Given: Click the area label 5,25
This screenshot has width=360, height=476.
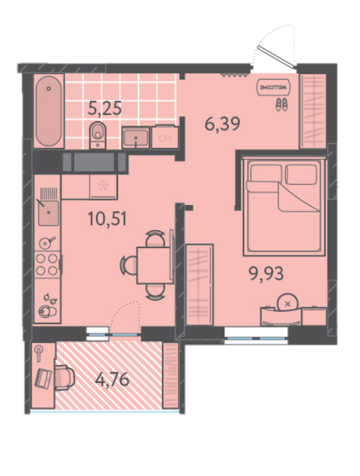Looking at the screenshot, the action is point(104,108).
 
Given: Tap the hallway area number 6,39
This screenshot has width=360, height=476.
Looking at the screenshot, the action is point(222,123).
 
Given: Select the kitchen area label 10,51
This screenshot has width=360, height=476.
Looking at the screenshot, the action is point(107,219).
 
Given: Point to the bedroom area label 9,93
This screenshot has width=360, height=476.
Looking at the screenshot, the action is point(266,273).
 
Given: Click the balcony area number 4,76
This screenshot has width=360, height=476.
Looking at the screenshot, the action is point(112,379).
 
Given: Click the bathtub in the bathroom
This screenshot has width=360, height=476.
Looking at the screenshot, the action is point(48,111).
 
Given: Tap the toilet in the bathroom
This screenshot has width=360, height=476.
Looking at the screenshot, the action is point(98,135).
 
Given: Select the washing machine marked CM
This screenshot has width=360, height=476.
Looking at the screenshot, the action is point(165,138).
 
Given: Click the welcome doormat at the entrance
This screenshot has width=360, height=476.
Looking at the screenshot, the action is point(273,88).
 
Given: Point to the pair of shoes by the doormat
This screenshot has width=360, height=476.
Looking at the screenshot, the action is point(281,104).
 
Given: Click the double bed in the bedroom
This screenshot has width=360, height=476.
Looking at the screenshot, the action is point(284,207).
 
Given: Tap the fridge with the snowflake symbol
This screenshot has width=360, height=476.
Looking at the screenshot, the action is point(103,186).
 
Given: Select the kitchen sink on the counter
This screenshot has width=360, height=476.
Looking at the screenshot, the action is point(48,213).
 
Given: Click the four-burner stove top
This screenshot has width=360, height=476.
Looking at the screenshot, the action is point(47,264).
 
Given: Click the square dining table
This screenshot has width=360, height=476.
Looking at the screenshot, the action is point(154,265).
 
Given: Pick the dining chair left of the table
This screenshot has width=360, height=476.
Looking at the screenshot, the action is point(129,265).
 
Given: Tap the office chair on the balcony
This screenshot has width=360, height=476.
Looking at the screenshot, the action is point(64,378).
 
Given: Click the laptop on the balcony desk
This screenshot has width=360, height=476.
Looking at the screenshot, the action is point(43,378).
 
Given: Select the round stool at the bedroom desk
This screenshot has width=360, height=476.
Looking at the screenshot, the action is point(287,303).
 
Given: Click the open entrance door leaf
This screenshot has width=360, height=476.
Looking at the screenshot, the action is point(276,57).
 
